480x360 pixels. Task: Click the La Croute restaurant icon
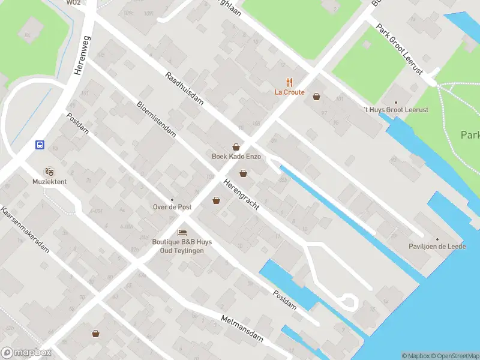click(x=290, y=83)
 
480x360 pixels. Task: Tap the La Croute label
click(x=290, y=92)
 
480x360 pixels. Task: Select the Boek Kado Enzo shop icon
click(x=236, y=147)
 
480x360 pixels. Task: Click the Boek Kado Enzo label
click(x=236, y=157)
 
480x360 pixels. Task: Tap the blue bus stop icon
click(x=40, y=145)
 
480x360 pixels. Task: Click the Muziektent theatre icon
click(x=49, y=172)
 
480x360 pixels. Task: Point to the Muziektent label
click(x=49, y=181)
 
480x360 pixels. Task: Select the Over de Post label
click(x=172, y=207)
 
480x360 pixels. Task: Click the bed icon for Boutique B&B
click(x=182, y=232)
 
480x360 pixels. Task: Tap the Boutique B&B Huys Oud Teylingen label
click(x=182, y=246)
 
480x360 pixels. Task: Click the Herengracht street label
click(x=241, y=195)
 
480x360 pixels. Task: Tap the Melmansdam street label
click(x=242, y=329)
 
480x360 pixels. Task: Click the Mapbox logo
click(x=26, y=353)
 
